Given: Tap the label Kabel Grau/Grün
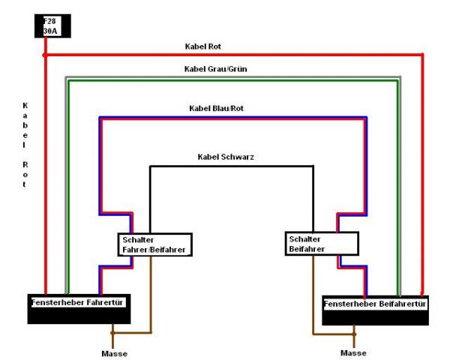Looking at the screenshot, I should (215, 68).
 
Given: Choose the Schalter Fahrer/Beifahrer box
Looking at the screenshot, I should (155, 244).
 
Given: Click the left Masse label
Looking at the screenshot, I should (112, 352).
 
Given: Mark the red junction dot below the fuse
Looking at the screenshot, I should (46, 55).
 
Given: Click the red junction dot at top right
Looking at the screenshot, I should (423, 55).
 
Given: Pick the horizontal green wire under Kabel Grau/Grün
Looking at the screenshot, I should (232, 79).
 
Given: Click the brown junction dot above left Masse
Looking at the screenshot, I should (112, 330).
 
